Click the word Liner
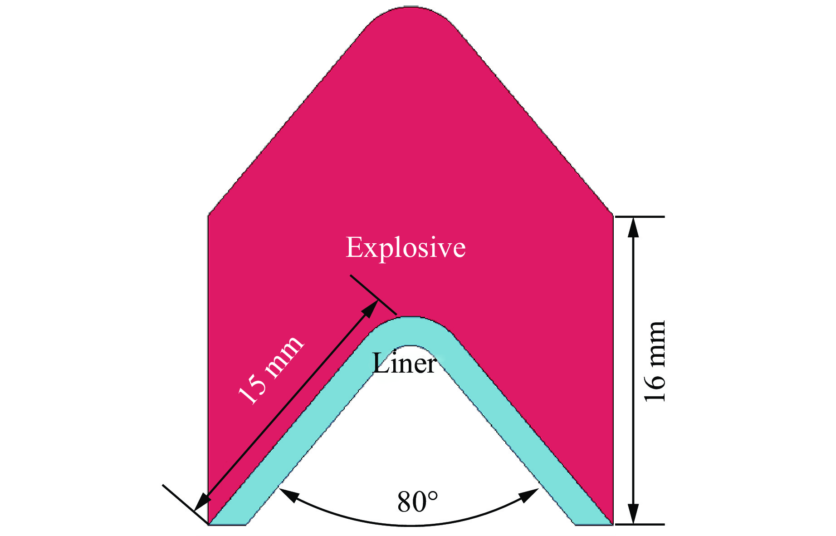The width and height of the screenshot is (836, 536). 404,364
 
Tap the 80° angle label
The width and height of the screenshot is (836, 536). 418,502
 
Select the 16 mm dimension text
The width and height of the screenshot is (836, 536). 655,361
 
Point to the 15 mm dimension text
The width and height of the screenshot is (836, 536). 271,369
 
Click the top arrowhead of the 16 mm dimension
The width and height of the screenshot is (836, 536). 634,227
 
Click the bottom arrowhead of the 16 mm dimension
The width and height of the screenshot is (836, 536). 634,514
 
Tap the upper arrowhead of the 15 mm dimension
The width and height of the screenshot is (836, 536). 370,308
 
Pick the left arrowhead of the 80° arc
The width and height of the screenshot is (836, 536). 288,495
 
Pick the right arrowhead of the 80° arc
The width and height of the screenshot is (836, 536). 529,495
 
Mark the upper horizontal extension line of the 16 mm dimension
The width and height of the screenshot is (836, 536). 639,217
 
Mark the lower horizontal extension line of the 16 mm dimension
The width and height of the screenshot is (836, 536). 639,524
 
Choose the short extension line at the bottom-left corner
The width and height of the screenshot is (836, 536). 185,504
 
